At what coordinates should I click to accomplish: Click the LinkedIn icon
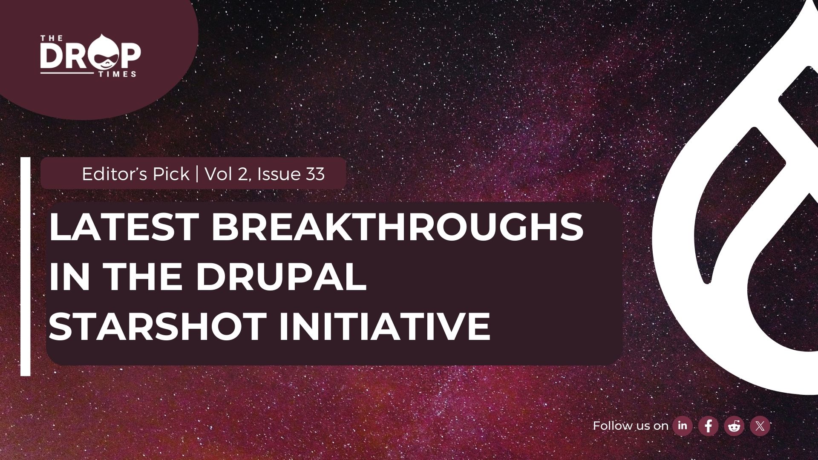pyautogui.click(x=683, y=425)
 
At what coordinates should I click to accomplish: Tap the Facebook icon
pyautogui.click(x=709, y=426)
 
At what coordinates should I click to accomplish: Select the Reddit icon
pyautogui.click(x=734, y=426)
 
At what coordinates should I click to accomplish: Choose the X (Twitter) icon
pyautogui.click(x=760, y=426)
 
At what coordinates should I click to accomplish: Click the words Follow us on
pyautogui.click(x=631, y=426)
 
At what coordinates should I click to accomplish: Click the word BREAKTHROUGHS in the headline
pyautogui.click(x=397, y=227)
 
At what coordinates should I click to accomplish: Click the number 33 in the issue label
pyautogui.click(x=315, y=174)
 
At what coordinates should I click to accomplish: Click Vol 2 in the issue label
pyautogui.click(x=226, y=174)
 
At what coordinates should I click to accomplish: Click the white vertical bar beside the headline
pyautogui.click(x=26, y=267)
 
